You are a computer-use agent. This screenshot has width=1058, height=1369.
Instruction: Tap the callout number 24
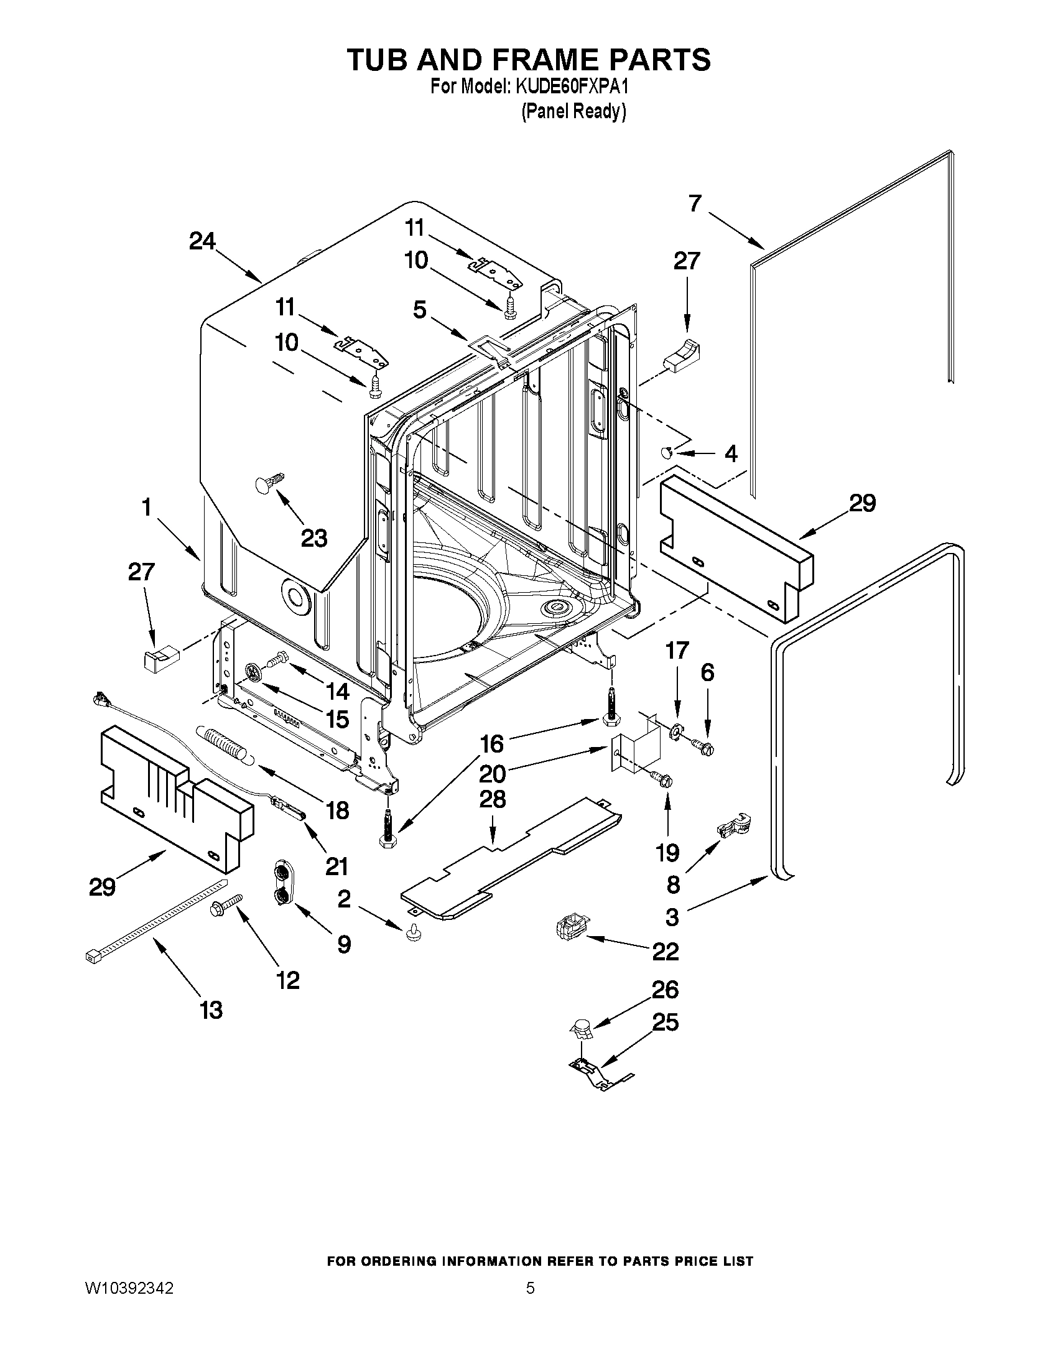(x=202, y=241)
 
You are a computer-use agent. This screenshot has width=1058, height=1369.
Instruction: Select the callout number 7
(x=695, y=204)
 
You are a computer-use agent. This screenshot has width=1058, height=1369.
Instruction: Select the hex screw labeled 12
(x=225, y=905)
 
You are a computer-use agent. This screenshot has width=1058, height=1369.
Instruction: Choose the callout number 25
(x=665, y=1023)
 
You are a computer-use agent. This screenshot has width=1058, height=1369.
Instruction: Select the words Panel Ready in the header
(x=573, y=111)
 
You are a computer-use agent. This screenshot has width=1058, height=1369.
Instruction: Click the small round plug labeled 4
(x=669, y=452)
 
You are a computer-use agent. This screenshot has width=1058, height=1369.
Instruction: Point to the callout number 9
(x=344, y=944)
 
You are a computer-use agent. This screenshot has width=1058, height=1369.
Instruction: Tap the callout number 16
(x=492, y=744)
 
